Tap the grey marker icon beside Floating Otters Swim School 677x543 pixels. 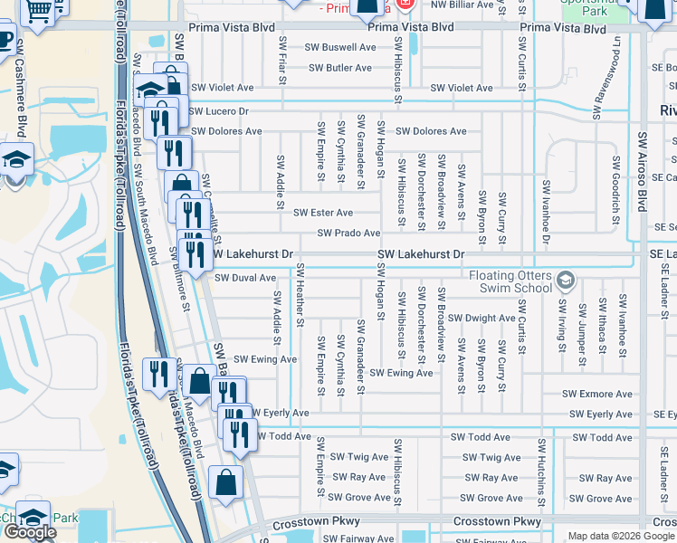[566, 279]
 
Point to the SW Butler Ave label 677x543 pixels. [339, 68]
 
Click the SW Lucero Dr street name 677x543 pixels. [218, 110]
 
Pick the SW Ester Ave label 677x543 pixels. [323, 213]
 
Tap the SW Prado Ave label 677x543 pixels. [348, 233]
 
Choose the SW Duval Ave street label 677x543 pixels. [244, 278]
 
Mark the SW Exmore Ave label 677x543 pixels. [596, 394]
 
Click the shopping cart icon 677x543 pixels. [38, 12]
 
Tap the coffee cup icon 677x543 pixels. [5, 41]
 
